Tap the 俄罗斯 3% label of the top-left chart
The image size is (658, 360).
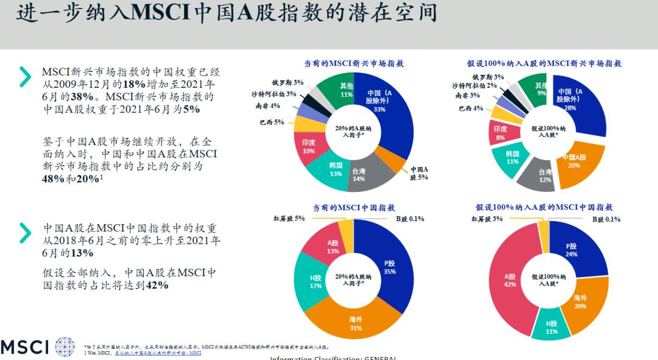tap(288, 82)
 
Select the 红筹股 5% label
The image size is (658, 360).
tap(288, 219)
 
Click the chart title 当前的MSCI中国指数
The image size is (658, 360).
tap(353, 208)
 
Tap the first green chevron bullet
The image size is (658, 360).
tap(25, 76)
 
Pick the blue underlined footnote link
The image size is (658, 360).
tap(158, 353)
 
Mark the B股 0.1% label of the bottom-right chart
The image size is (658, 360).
tap(606, 219)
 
